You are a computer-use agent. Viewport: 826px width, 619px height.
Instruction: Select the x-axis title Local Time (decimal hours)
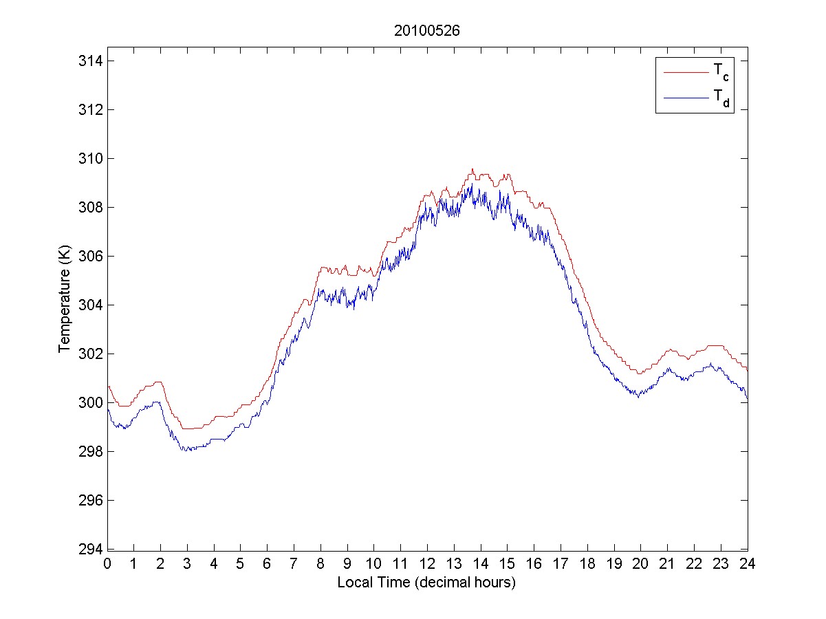click(x=426, y=583)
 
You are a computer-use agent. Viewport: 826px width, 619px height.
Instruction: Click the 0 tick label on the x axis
click(x=107, y=563)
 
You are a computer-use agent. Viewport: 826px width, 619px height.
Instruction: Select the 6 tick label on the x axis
click(x=268, y=563)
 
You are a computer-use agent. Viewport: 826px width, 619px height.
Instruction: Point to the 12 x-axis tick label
click(x=427, y=563)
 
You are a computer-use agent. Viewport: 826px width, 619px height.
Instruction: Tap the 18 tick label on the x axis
click(x=587, y=563)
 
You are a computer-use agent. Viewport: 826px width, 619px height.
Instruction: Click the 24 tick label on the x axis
click(x=747, y=563)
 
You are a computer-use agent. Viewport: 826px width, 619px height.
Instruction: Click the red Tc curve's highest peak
click(x=472, y=169)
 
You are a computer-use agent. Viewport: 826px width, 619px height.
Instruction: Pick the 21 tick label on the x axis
click(x=667, y=563)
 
